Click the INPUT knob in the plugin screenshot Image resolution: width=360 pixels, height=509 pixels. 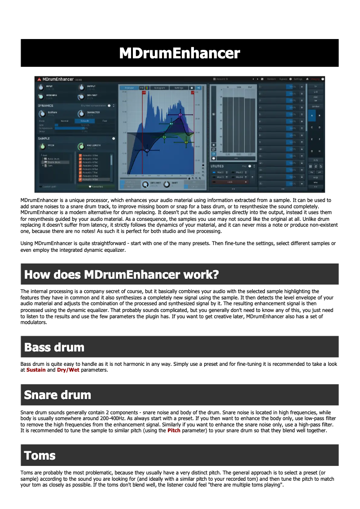41,87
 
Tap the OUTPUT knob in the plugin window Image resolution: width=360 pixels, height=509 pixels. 81,87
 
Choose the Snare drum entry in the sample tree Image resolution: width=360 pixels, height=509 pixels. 53,162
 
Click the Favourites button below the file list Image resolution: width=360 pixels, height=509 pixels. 96,186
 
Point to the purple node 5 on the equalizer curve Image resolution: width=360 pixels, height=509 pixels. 180,115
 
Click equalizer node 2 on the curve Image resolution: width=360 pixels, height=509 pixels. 147,150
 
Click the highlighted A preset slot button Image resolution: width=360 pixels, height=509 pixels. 312,115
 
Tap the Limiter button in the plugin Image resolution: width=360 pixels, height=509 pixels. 316,106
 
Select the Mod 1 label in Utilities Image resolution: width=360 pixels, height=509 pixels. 220,172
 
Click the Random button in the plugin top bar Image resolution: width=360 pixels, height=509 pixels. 271,79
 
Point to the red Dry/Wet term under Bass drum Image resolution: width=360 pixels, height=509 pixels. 68,370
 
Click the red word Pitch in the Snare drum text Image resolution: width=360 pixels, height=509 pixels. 174,430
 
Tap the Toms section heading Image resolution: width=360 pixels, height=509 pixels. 40,456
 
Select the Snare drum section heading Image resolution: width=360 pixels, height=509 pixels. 57,395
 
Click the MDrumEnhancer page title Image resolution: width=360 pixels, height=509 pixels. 180,53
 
